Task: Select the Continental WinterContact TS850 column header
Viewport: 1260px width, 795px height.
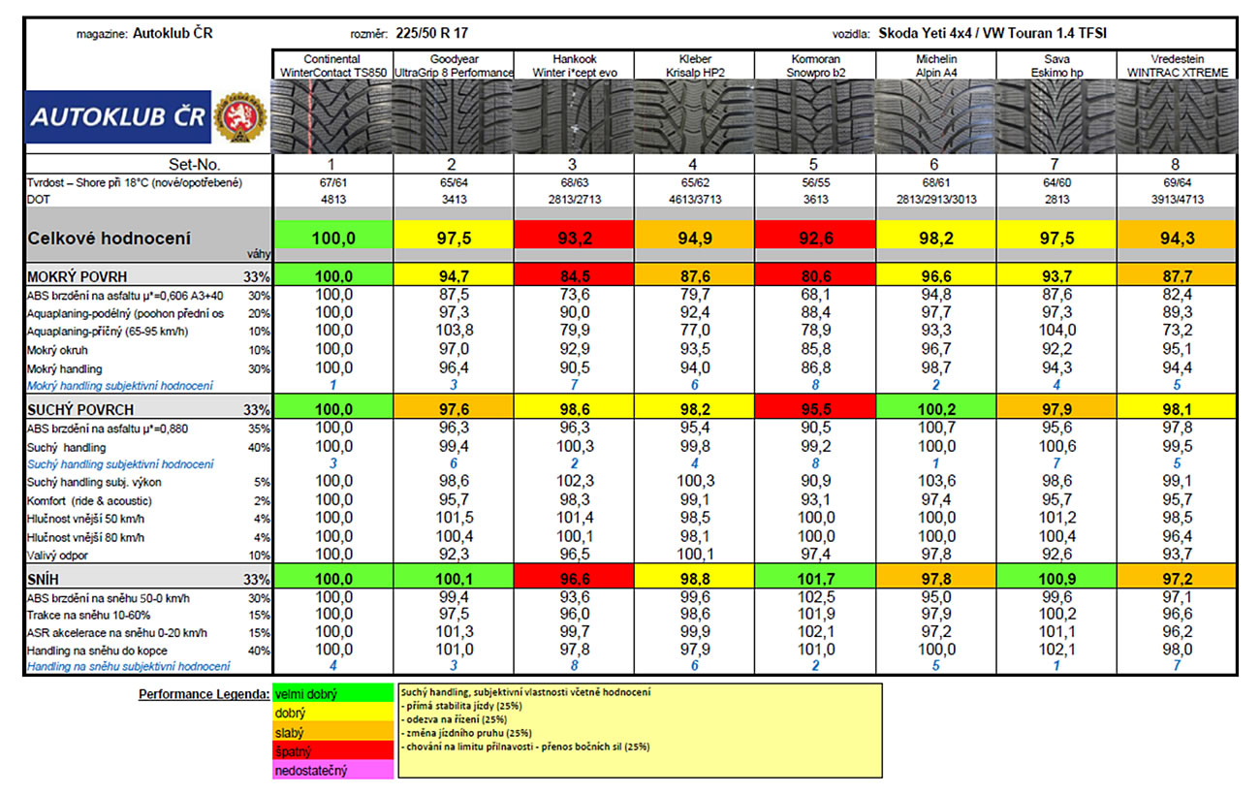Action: tap(333, 66)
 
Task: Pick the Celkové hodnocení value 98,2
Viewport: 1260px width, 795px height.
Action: tap(935, 238)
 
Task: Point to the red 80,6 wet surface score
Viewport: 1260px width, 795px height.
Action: tap(814, 275)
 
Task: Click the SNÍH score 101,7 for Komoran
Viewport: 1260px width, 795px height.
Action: tap(814, 578)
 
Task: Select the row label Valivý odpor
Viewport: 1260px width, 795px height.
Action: tap(57, 556)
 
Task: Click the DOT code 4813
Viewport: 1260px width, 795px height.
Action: tap(333, 199)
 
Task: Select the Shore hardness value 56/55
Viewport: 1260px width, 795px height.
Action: tap(814, 182)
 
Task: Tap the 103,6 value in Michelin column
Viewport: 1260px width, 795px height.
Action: tap(935, 482)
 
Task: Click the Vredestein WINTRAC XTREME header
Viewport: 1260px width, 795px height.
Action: tap(1177, 66)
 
